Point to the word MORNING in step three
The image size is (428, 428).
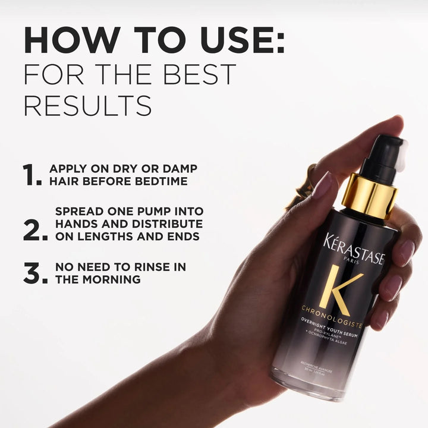115,279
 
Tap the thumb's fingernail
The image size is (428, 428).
322,185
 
